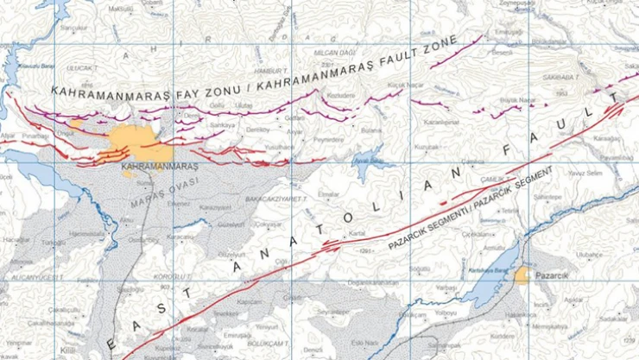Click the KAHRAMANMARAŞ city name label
[161, 166]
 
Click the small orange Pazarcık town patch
[523, 275]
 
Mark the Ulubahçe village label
[587, 255]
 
